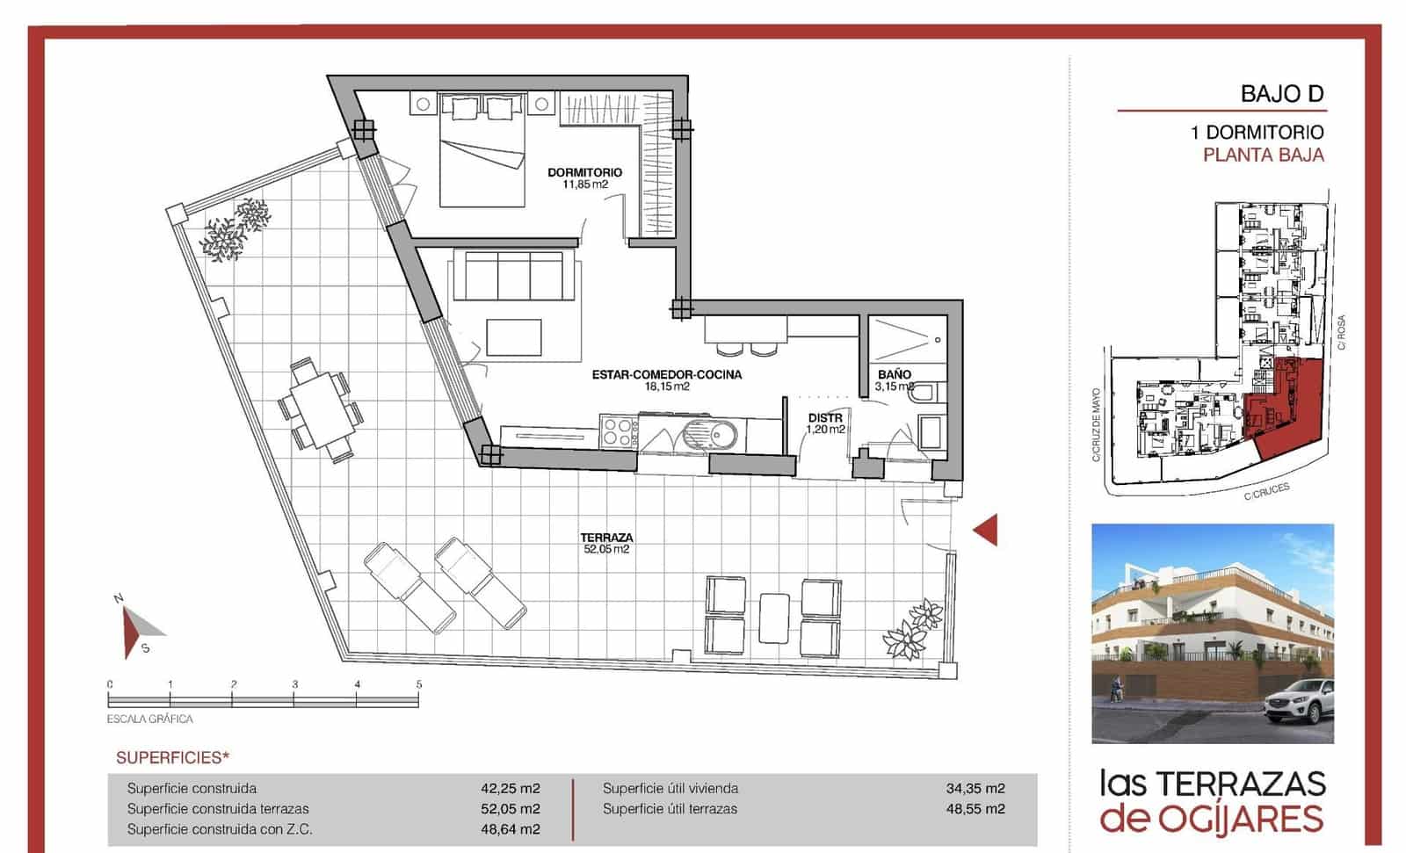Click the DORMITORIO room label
pyautogui.click(x=584, y=173)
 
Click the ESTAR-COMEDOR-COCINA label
pyautogui.click(x=666, y=375)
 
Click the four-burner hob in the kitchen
pyautogui.click(x=619, y=433)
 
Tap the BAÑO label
pyautogui.click(x=895, y=374)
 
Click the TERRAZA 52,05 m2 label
pyautogui.click(x=606, y=542)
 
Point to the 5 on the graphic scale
pyautogui.click(x=419, y=684)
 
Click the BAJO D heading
pyautogui.click(x=1281, y=94)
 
